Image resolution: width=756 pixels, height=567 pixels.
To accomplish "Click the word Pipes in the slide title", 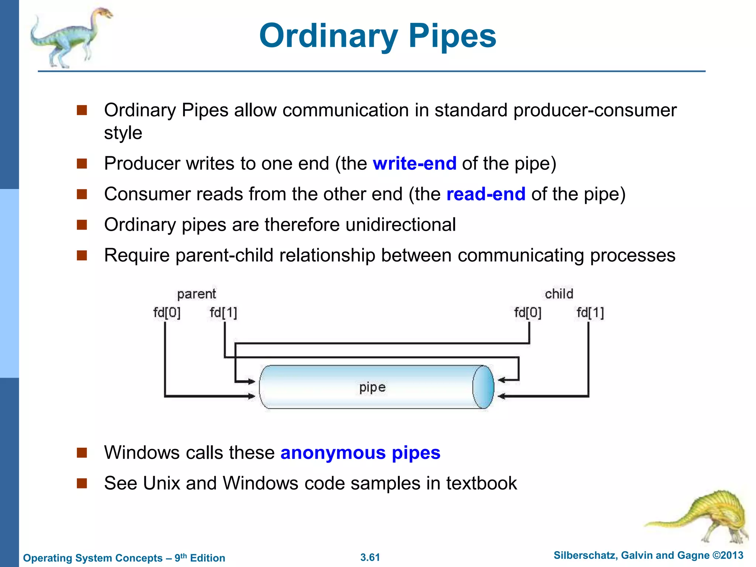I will (452, 36).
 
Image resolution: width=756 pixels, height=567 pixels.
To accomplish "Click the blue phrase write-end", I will (415, 164).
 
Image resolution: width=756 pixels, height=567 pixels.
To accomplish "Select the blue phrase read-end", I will (486, 194).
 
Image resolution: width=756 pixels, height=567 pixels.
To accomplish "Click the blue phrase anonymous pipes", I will (360, 453).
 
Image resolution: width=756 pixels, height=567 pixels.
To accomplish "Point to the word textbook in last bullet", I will (481, 483).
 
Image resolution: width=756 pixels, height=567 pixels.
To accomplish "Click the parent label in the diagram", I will (196, 294).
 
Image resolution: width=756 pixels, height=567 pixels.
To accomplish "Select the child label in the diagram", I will (559, 294).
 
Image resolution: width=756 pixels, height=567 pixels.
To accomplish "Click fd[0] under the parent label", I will (167, 313).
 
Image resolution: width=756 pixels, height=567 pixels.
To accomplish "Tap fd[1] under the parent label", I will (223, 313).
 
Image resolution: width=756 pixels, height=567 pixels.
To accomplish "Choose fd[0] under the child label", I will (528, 313).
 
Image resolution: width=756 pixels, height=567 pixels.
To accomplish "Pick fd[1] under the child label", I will (590, 313).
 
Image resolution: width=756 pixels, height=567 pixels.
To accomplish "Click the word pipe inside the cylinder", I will (372, 387).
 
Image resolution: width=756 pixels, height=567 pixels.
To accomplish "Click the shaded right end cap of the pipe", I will (484, 387).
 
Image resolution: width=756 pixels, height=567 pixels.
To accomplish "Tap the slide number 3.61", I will (370, 557).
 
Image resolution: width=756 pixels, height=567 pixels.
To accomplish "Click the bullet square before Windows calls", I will (82, 453).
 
